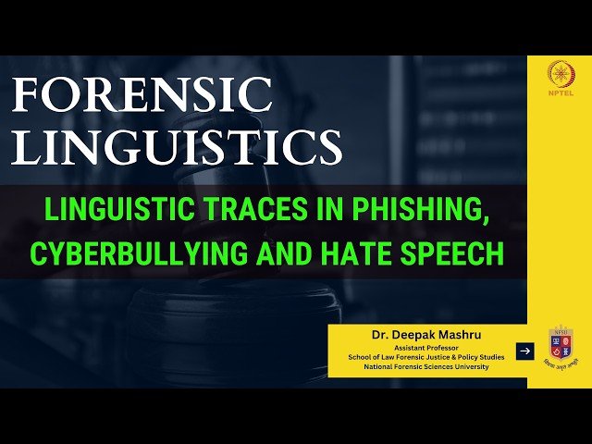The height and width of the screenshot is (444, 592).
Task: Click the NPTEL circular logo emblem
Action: pos(559,73)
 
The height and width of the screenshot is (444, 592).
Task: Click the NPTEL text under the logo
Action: pos(559,96)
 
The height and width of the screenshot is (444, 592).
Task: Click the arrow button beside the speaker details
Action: pos(524,351)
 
